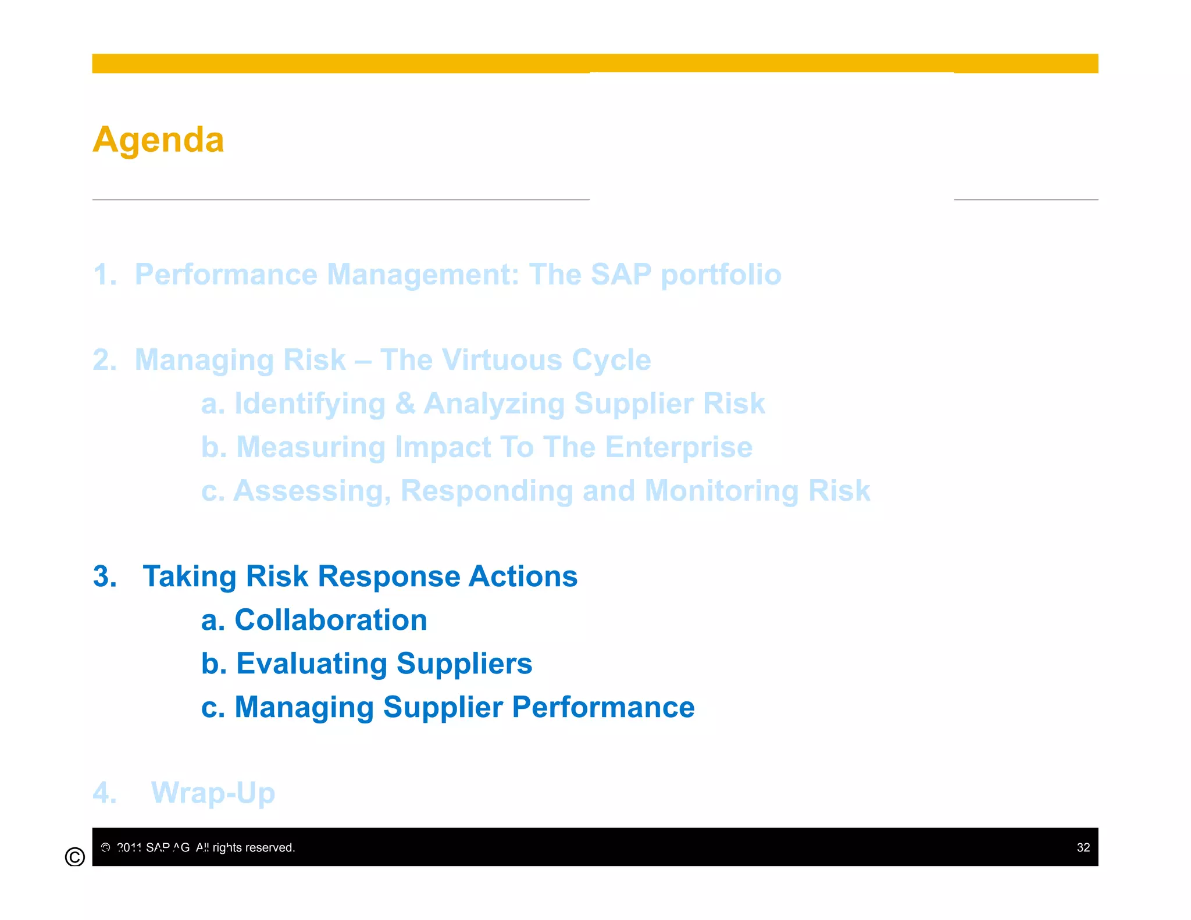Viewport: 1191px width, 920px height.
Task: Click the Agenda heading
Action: point(158,140)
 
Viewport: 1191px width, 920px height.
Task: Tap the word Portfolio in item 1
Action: point(721,274)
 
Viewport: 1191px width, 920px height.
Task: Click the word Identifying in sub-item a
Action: point(309,404)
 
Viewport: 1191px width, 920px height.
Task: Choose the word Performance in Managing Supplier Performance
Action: point(603,707)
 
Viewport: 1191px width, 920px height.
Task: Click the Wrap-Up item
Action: point(213,793)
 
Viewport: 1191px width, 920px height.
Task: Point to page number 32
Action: point(1083,847)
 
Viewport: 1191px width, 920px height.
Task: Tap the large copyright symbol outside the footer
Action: point(75,857)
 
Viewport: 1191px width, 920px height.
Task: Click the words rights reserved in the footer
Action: point(254,847)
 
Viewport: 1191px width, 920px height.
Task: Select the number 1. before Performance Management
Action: point(105,274)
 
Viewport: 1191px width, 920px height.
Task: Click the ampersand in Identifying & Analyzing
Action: point(405,404)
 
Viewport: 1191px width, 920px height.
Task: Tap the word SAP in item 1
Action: point(621,274)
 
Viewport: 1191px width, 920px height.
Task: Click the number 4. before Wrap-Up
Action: point(105,793)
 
